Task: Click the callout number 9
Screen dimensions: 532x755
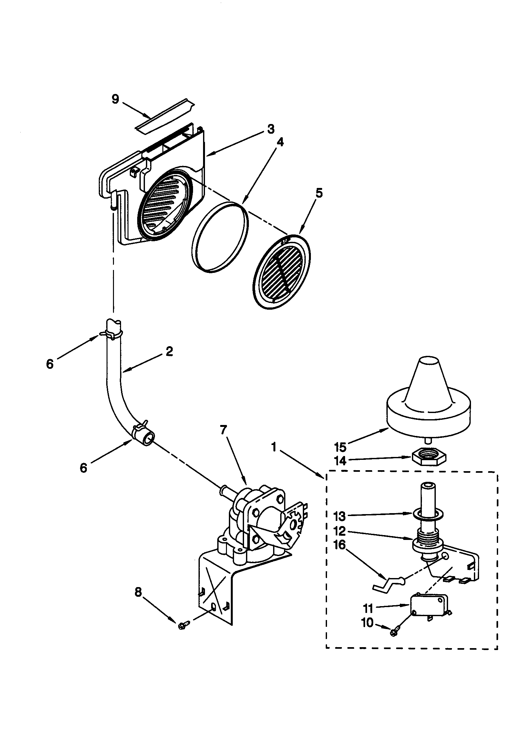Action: pyautogui.click(x=115, y=98)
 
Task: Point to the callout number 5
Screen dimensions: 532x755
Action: pyautogui.click(x=319, y=192)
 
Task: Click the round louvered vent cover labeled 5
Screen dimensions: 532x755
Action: pyautogui.click(x=282, y=271)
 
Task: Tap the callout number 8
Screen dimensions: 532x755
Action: pyautogui.click(x=138, y=592)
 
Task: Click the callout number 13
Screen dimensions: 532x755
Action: pyautogui.click(x=340, y=517)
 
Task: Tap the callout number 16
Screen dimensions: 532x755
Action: pyautogui.click(x=340, y=545)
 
